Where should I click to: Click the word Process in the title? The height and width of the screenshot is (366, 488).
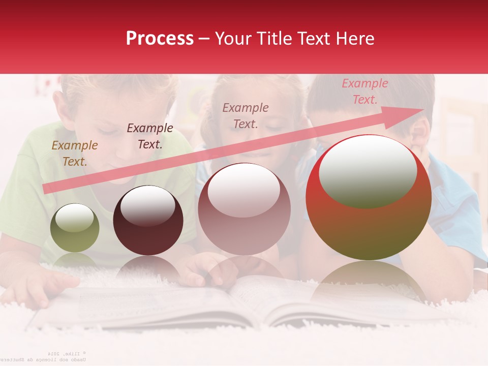coord(160,38)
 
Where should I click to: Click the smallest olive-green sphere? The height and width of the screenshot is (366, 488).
coord(75,228)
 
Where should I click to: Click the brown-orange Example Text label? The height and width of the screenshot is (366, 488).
coord(75,154)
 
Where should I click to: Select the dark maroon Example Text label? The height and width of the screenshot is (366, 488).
coord(149,136)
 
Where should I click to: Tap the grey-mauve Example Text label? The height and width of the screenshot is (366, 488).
coord(246,115)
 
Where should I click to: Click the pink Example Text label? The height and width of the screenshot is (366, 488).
coord(364,91)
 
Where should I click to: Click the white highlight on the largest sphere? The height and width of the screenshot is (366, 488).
coord(368,171)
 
